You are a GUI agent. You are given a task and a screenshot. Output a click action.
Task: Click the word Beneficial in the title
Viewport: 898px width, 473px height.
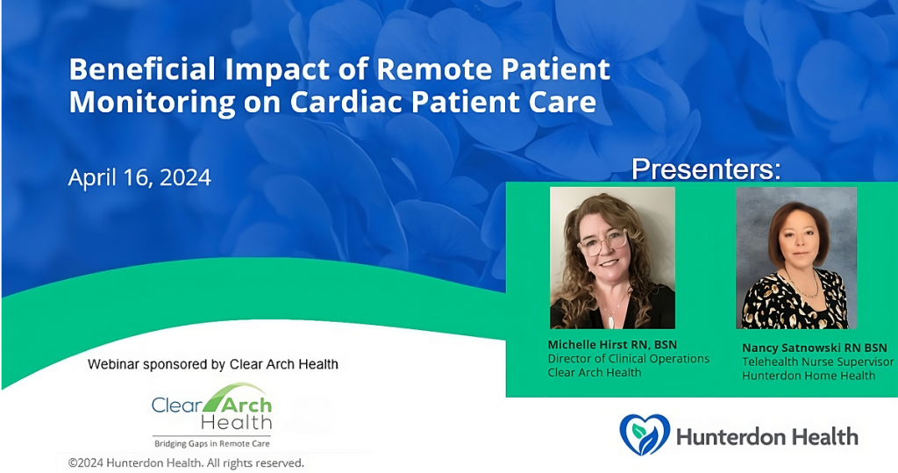coord(142,69)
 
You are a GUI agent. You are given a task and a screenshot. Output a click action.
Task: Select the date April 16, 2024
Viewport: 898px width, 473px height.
coord(139,178)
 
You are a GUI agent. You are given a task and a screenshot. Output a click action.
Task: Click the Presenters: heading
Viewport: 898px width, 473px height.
coord(706,169)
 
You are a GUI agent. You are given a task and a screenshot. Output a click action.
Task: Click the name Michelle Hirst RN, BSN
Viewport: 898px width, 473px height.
coord(612,345)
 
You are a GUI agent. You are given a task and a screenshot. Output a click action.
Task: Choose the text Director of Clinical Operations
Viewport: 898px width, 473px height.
coord(628,359)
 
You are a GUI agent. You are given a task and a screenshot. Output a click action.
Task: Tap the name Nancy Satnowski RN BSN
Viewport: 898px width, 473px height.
coord(815,348)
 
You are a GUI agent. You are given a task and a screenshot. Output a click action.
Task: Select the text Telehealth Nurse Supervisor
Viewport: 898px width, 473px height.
coord(818,362)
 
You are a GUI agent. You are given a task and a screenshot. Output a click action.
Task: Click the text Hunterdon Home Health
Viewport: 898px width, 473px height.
coord(809,376)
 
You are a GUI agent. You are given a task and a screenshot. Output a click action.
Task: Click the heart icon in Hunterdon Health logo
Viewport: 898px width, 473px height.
coord(645,434)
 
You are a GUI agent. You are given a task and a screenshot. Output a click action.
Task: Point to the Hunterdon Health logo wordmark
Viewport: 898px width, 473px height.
coord(767,437)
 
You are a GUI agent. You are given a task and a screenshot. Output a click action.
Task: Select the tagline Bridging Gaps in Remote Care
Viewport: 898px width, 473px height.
coord(212,443)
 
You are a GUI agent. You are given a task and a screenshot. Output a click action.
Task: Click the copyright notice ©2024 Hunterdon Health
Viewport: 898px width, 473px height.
coord(186,462)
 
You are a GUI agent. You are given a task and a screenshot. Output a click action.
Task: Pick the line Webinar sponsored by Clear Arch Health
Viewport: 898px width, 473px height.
coord(213,364)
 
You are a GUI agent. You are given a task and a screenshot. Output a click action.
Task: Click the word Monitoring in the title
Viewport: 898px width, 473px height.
coord(152,103)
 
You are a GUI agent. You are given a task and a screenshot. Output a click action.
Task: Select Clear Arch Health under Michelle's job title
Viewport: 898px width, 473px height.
coord(595,373)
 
